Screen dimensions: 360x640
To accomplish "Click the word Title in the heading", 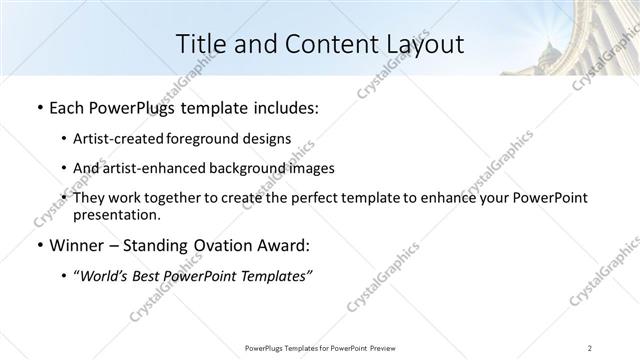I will (x=200, y=45).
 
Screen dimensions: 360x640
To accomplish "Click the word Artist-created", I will (x=121, y=139).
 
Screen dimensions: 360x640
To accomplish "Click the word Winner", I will (x=74, y=245).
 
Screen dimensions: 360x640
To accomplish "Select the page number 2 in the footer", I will (x=589, y=347).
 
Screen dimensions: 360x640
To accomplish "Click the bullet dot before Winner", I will (x=37, y=246).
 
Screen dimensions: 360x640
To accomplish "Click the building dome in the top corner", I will (x=547, y=49).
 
